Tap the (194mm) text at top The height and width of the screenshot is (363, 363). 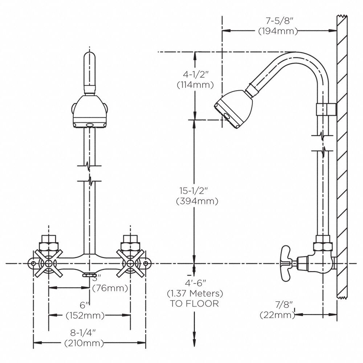278,31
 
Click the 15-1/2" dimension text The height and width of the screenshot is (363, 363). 195,191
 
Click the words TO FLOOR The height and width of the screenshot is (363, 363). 195,304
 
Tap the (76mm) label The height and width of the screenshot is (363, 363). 111,289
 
